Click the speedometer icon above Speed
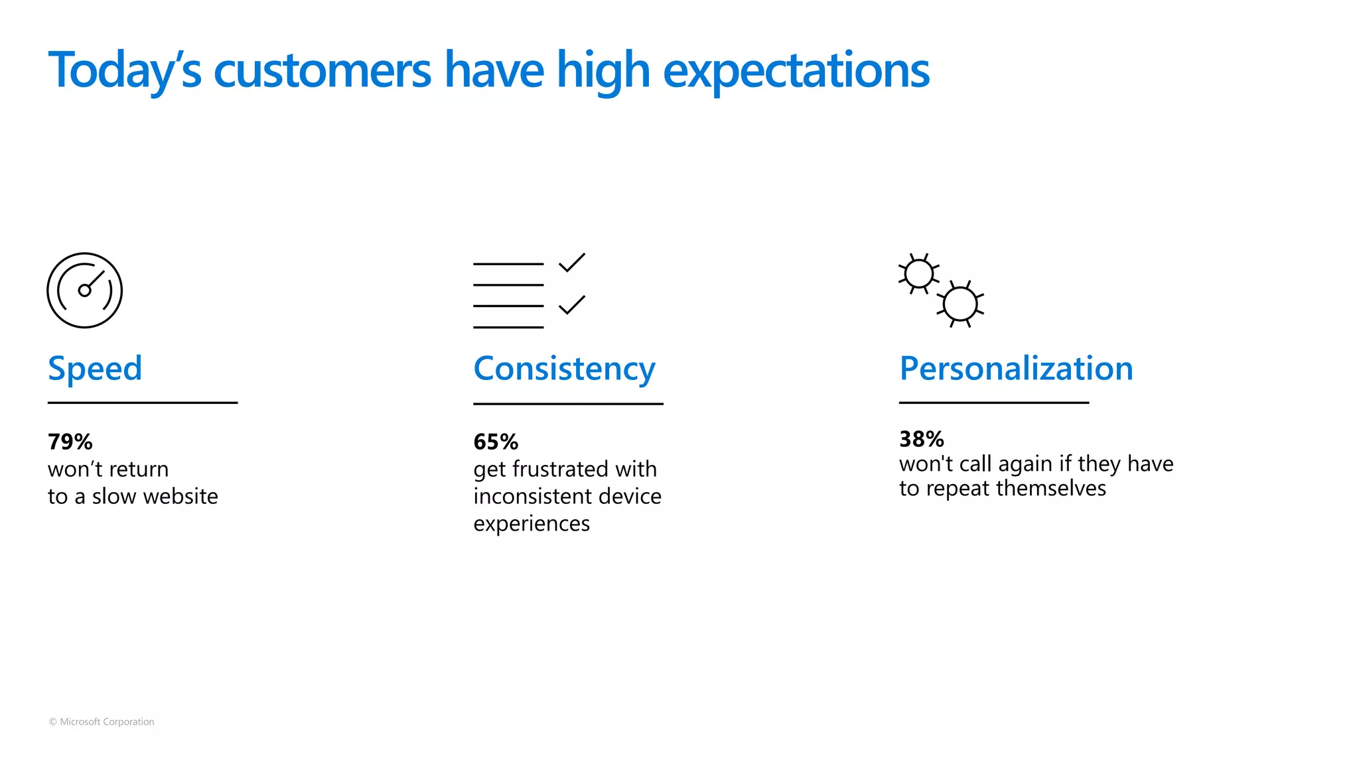coord(85,290)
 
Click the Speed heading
coord(95,369)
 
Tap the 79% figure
coord(70,442)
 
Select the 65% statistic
coord(496,442)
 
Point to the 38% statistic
coord(921,439)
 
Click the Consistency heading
coord(564,369)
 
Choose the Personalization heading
coord(1016,369)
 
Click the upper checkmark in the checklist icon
coord(571,263)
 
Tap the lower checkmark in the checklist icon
coord(571,305)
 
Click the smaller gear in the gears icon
coord(919,274)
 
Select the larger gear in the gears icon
coord(960,304)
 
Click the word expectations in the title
coord(796,70)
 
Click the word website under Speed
coord(179,496)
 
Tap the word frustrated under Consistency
coord(561,470)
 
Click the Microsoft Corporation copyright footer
coord(102,722)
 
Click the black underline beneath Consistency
coord(568,403)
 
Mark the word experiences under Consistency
coord(532,524)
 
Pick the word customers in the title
coord(322,70)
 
